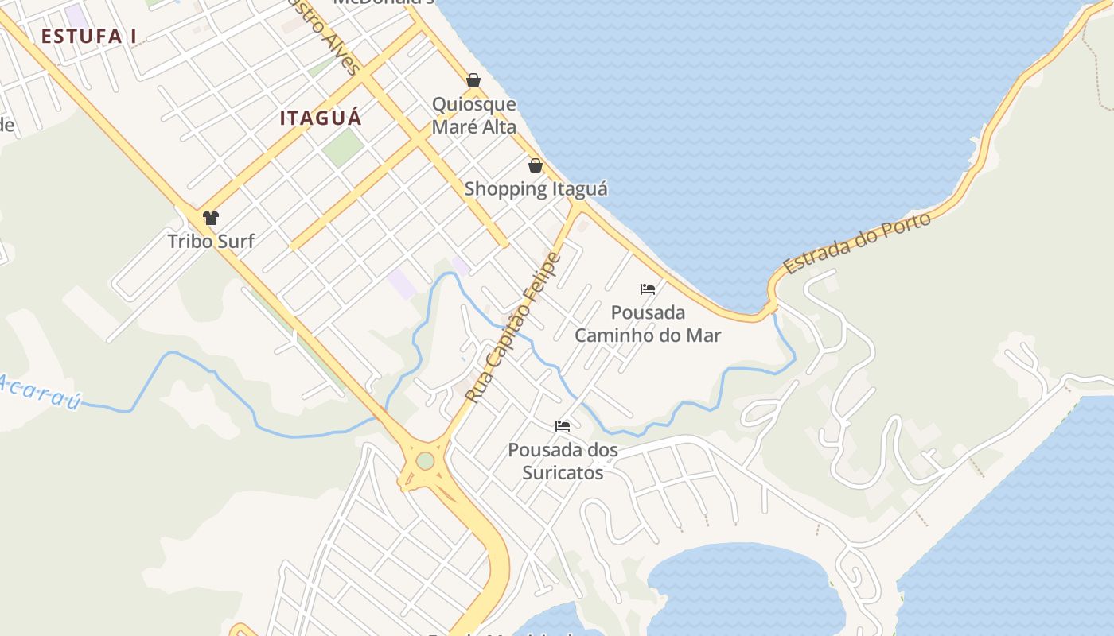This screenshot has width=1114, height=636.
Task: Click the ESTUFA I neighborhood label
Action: click(x=89, y=37)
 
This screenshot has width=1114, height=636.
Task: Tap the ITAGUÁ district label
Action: click(x=321, y=118)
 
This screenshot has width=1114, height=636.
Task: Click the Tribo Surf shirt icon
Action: click(x=211, y=218)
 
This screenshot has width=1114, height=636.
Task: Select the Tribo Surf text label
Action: click(x=211, y=241)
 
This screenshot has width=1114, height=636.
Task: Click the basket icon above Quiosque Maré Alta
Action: click(x=473, y=80)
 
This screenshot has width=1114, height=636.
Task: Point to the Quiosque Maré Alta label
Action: click(x=473, y=115)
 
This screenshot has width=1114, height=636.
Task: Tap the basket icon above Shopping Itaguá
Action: click(x=536, y=165)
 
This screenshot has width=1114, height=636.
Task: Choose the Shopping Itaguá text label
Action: click(x=536, y=189)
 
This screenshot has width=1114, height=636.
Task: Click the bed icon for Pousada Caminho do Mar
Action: click(x=648, y=289)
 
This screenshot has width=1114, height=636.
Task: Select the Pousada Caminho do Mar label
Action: click(x=648, y=323)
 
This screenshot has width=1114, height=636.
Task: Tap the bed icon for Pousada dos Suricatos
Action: click(x=563, y=426)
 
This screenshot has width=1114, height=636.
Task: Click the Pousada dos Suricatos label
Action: click(x=563, y=461)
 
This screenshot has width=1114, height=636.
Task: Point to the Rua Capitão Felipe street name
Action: click(x=513, y=327)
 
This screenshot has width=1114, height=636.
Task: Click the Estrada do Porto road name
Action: click(x=857, y=243)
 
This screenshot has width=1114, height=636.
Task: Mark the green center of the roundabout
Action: click(x=425, y=461)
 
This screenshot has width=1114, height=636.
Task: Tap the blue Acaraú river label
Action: click(x=40, y=392)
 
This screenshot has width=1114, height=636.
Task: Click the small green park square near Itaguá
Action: click(x=344, y=147)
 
